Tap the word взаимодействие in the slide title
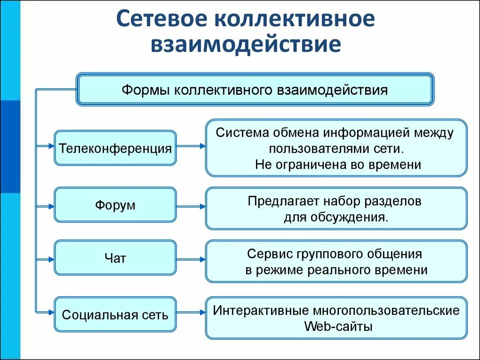coord(245,45)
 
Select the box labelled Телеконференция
coord(115,148)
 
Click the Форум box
coord(115,205)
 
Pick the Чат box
coord(115,257)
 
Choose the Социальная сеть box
coord(115,314)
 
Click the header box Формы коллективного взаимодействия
coord(255,89)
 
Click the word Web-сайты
coord(338,326)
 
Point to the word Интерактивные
coord(257,310)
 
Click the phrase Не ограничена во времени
coord(338,165)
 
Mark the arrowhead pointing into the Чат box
coord(51,258)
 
